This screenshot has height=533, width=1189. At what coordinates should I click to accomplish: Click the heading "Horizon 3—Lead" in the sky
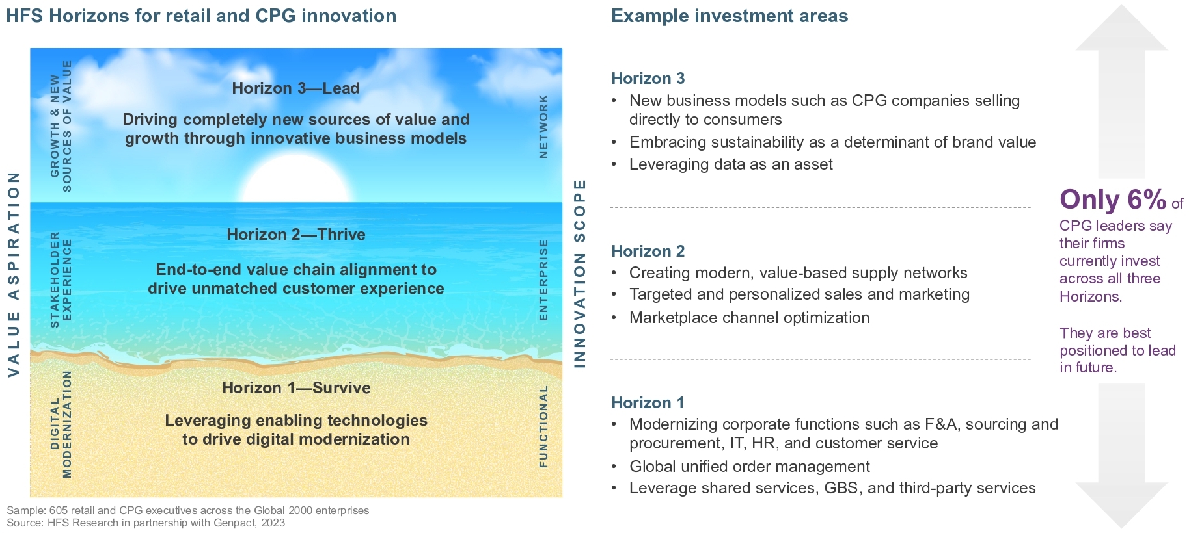295,88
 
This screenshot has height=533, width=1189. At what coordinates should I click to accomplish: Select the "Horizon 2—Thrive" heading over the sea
296,235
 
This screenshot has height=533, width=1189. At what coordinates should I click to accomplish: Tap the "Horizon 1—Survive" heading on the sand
296,388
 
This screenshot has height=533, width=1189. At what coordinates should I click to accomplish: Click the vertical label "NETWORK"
543,126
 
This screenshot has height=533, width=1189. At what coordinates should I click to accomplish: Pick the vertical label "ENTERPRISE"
543,279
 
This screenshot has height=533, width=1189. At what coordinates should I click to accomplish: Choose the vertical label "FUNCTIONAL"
543,426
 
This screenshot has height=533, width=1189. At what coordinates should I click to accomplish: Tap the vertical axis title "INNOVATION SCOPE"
579,273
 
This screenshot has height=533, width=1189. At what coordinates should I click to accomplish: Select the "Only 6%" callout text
1113,200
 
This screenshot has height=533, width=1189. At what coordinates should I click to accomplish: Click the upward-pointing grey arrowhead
1121,27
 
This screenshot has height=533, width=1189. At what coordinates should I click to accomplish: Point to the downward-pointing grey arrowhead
1121,505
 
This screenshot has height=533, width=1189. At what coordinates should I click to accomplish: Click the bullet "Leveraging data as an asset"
731,164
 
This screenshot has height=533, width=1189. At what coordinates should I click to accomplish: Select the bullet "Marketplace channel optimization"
749,318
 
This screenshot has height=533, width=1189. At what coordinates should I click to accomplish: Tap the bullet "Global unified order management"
749,467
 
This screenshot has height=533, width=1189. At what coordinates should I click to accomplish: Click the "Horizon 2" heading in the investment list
648,251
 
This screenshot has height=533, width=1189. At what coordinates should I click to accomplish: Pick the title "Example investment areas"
730,16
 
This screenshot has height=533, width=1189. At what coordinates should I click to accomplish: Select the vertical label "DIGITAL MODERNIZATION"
61,424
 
